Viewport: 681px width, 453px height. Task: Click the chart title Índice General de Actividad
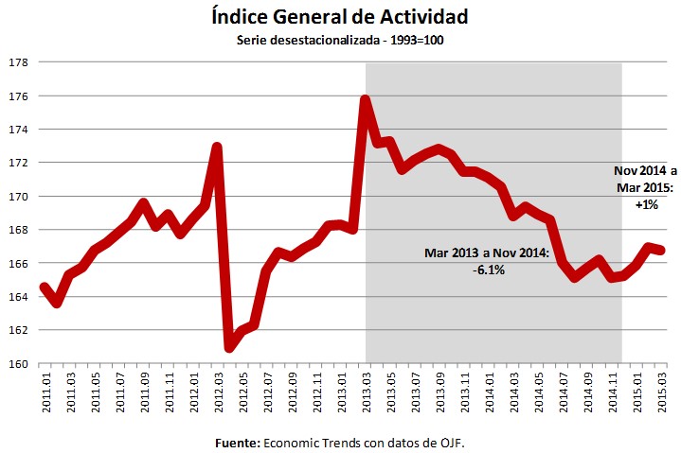[340, 17]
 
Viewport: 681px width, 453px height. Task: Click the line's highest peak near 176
[366, 98]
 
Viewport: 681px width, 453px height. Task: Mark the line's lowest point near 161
[230, 347]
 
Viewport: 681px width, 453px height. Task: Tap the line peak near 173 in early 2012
[218, 148]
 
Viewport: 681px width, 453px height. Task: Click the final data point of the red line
[662, 251]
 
